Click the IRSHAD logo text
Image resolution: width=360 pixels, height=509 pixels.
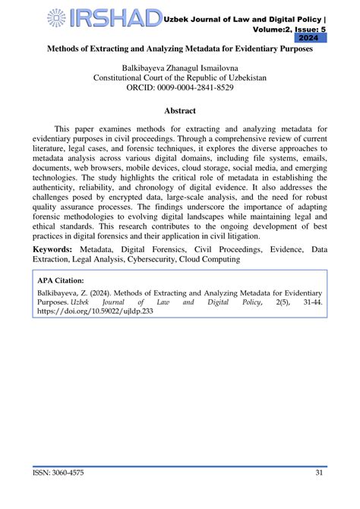114,18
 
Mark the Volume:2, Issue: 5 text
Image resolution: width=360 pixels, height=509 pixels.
286,27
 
